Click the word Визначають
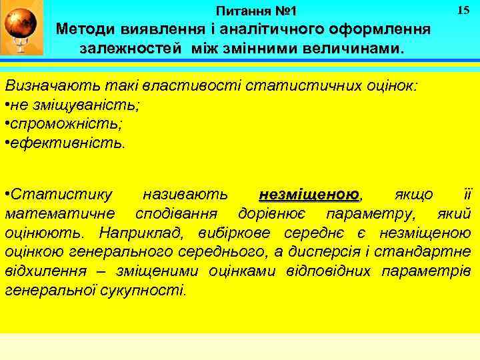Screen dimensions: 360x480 pos(45,86)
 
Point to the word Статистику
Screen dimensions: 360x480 pos(63,195)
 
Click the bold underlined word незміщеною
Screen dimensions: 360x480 pos(309,195)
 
